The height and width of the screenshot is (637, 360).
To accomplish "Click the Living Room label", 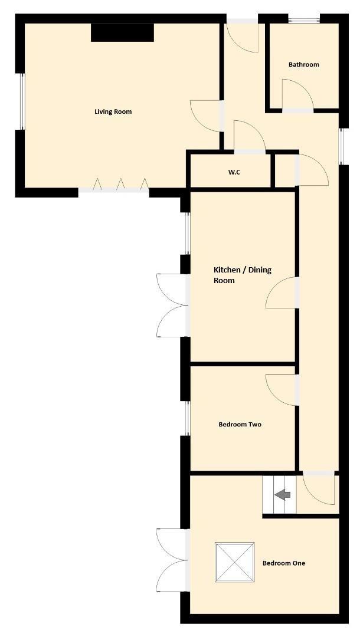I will (x=113, y=111).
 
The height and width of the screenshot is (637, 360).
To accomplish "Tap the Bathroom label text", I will (x=303, y=64).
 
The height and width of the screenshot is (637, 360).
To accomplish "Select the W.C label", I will (x=234, y=172).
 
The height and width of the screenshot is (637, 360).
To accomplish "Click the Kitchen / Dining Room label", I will (x=242, y=275).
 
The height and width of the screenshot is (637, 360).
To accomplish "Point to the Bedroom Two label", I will (x=240, y=424).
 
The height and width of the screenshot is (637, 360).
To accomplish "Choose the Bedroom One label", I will (x=283, y=563).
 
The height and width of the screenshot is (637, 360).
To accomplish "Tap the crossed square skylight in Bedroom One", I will (x=234, y=562).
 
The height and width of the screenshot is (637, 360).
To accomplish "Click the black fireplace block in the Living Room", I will (x=122, y=32).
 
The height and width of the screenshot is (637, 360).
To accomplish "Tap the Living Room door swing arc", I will (x=205, y=116).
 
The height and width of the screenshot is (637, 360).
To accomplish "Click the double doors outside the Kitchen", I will (x=171, y=305).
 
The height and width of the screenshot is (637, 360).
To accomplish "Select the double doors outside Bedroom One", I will (x=171, y=560).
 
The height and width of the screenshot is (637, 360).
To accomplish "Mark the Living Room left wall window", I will (x=22, y=101).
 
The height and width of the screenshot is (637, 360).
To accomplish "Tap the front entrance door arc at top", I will (x=243, y=37).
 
